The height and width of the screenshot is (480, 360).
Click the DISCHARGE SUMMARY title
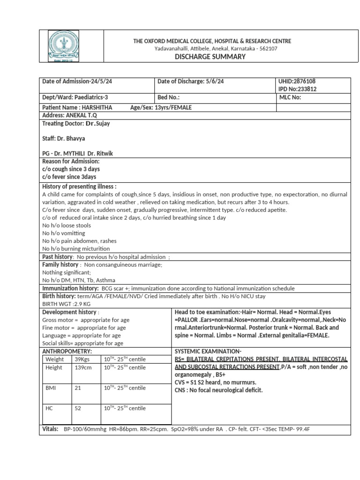[210, 57]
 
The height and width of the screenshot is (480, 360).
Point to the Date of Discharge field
[190, 81]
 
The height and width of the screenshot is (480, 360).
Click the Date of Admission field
[77, 81]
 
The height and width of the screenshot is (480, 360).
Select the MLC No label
[290, 97]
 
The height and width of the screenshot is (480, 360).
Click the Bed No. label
[169, 97]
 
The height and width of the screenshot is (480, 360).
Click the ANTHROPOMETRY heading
[67, 351]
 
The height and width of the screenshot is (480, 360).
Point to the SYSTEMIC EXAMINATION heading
[208, 351]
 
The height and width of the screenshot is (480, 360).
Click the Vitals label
[51, 429]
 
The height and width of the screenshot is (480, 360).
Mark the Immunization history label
[70, 288]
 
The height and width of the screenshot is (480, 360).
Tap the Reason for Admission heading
[71, 161]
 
